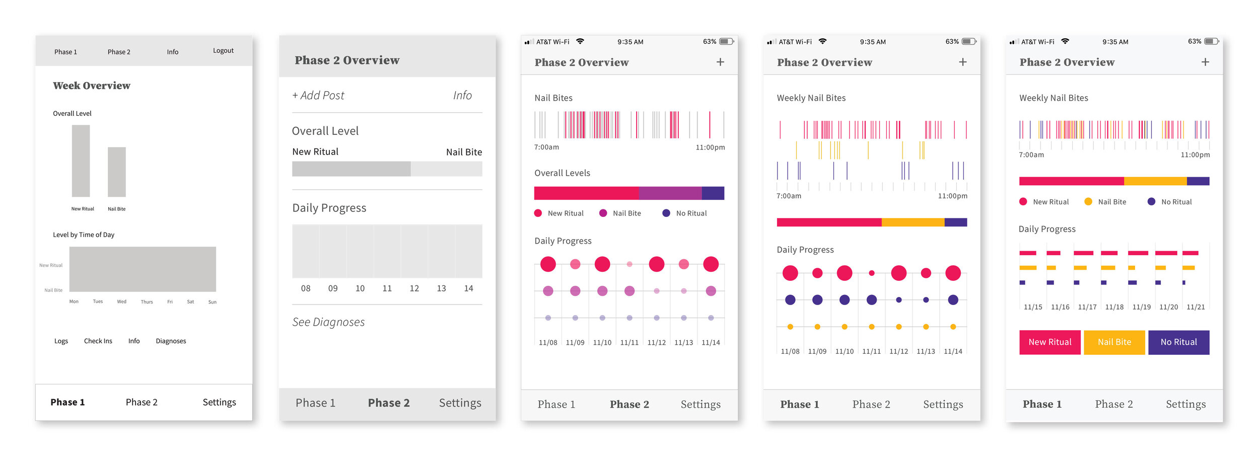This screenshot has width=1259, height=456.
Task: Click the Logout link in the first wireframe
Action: coord(223,51)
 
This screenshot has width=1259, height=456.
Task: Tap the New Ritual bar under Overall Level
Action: coord(81,161)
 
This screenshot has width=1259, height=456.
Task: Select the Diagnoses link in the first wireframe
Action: coord(171,341)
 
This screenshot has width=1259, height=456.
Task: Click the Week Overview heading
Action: coord(92,86)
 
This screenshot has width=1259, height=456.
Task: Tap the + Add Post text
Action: coord(318,96)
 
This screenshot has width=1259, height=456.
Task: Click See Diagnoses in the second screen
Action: coord(328,322)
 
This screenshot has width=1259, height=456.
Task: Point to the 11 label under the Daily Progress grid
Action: coord(387,288)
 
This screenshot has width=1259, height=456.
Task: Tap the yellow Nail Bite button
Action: coord(1114,342)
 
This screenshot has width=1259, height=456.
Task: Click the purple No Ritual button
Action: coord(1178,342)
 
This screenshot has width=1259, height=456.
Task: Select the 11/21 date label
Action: coord(1196,307)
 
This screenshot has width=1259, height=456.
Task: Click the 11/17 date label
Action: coord(1087,307)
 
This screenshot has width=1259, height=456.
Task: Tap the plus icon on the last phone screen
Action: coord(1205,62)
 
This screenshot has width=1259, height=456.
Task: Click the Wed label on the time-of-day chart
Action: coord(122,301)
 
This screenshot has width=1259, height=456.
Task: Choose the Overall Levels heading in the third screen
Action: coord(562,173)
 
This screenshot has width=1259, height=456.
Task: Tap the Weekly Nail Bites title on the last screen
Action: coord(1054,98)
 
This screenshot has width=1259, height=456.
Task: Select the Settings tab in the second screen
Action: coord(460,403)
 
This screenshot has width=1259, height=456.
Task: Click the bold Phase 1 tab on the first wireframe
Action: coord(67,402)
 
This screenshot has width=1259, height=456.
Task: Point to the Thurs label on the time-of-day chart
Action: coord(147,302)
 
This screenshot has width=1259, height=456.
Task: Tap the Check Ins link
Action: coord(98,341)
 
